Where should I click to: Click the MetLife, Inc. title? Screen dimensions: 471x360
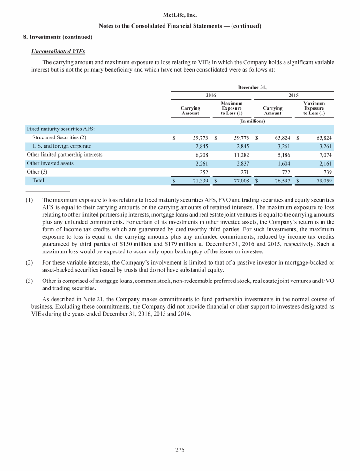180,15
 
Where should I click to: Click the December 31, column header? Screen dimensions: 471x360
252,87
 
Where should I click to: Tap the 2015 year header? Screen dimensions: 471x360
293,95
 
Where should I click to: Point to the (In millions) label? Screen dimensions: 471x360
252,121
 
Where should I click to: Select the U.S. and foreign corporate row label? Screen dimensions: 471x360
61,146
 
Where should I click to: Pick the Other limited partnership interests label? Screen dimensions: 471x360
65,154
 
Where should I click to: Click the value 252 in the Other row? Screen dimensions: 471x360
203,172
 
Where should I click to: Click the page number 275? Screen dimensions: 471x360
180,450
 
